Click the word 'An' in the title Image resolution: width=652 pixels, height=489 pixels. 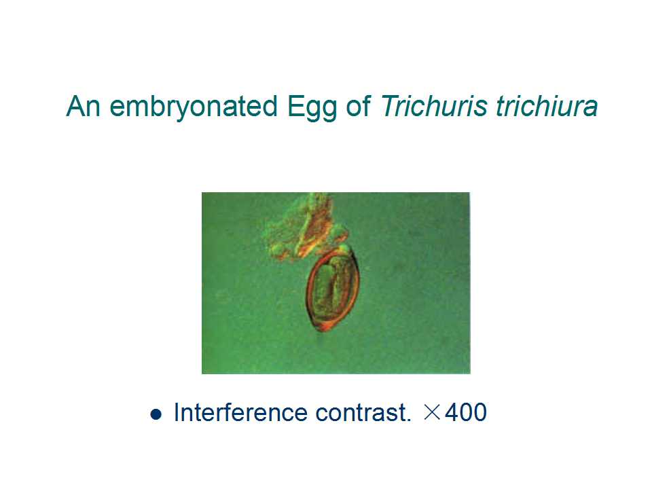point(84,106)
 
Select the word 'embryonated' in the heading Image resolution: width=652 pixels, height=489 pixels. point(194,107)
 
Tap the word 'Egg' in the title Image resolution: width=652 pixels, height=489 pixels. point(312,108)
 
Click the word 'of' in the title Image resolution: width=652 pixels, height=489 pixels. point(358,106)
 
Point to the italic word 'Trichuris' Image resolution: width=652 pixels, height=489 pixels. point(433,106)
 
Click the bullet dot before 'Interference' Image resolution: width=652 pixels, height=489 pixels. point(156,414)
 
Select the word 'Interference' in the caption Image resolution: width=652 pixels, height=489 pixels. point(240,412)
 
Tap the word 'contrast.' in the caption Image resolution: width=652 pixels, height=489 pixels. point(363,413)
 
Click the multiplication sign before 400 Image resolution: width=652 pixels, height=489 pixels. point(432,412)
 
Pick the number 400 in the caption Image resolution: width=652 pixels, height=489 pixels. point(466,412)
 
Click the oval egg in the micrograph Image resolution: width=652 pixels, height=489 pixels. point(333,289)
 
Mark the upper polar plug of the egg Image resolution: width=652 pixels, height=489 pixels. point(344,249)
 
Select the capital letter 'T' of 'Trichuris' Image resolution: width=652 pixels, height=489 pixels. point(390,106)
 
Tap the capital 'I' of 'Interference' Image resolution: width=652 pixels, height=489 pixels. point(177,412)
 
